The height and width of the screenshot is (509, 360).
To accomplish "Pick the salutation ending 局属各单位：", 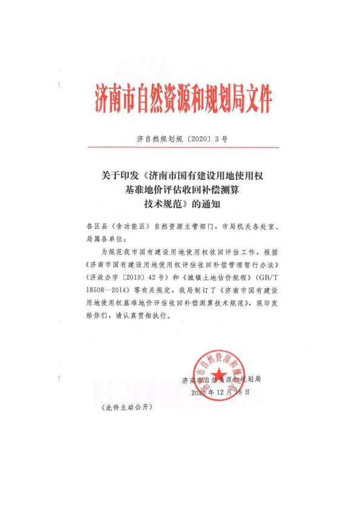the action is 113,240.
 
